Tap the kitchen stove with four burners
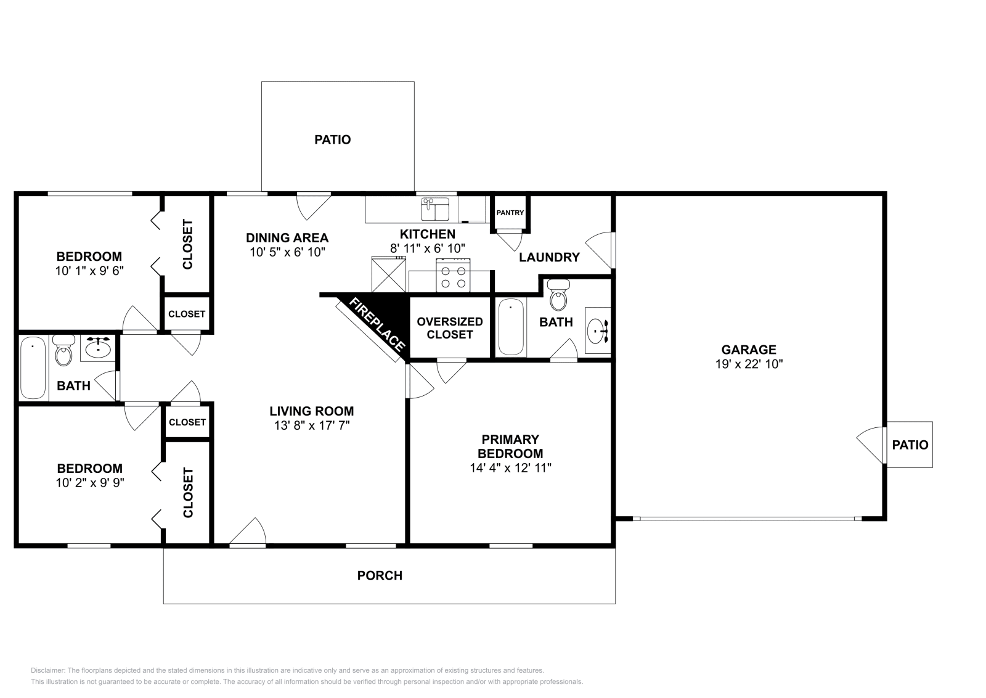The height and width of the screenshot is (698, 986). tap(453, 275)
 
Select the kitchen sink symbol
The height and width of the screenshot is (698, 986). tap(435, 209)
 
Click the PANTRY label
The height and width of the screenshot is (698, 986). tap(510, 213)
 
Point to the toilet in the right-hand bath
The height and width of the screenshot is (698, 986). tap(558, 294)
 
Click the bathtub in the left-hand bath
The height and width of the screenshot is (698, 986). tap(33, 369)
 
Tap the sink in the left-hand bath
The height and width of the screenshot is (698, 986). tap(97, 348)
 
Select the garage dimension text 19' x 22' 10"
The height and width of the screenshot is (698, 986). tap(749, 364)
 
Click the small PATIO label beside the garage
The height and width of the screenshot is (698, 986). tap(910, 445)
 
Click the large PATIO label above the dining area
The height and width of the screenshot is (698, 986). tap(333, 140)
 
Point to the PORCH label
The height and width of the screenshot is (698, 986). tap(380, 576)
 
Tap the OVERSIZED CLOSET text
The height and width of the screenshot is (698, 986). tap(450, 328)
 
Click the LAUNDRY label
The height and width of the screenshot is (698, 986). tap(549, 257)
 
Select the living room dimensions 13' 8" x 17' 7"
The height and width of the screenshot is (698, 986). tap(312, 425)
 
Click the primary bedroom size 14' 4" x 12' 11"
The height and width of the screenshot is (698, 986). tap(510, 467)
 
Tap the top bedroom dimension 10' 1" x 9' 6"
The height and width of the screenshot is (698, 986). tap(89, 269)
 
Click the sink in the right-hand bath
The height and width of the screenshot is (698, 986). tap(597, 332)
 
